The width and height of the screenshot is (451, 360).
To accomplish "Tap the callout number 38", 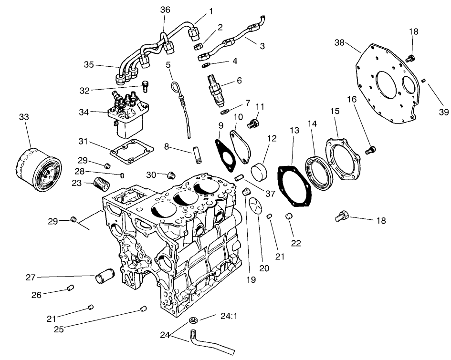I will (x=339, y=42).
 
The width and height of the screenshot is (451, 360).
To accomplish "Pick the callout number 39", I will (x=443, y=113).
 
